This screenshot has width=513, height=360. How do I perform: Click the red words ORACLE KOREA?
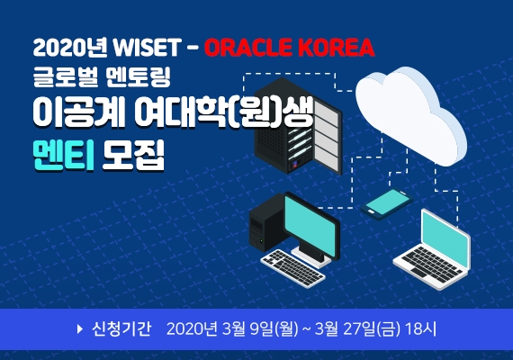click(x=290, y=48)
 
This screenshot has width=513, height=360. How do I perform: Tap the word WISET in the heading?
click(x=147, y=48)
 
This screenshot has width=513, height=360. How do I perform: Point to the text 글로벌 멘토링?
click(x=102, y=77)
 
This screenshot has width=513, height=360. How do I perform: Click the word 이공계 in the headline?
click(x=78, y=112)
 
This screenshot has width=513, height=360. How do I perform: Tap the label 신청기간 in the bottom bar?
click(x=121, y=328)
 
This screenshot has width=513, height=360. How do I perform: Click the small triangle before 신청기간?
click(x=79, y=328)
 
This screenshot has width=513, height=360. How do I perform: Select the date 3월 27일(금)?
click(x=357, y=328)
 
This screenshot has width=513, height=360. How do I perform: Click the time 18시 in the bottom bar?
click(x=420, y=328)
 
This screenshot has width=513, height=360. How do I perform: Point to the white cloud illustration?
click(x=411, y=115)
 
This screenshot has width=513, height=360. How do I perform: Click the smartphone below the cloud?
click(x=386, y=202)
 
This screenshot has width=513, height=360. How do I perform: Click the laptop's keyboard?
click(x=431, y=265)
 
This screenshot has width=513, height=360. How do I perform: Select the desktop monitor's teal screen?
click(x=310, y=225)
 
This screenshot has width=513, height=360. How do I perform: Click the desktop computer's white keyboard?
click(x=292, y=268)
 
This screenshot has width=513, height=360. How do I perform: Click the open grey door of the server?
click(x=327, y=134)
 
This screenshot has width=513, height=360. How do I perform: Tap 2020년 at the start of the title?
click(x=70, y=48)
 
